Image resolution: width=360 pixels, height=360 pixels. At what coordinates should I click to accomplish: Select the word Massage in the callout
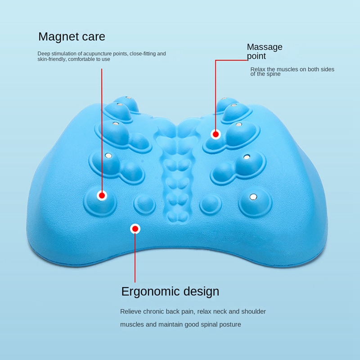265,48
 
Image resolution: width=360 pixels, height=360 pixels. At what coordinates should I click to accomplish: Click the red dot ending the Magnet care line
102,196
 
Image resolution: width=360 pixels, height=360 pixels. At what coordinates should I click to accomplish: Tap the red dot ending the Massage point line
216,134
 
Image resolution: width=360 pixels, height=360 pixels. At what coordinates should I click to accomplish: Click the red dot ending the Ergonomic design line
135,229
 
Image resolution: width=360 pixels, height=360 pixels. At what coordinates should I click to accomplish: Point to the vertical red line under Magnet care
102,130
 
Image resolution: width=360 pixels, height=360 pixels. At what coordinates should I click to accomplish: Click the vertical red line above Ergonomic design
135,257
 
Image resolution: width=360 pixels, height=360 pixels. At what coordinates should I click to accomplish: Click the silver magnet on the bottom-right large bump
253,197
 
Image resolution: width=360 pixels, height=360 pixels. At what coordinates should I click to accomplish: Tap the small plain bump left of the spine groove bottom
144,204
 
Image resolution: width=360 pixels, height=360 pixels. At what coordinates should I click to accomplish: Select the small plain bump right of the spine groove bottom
211,204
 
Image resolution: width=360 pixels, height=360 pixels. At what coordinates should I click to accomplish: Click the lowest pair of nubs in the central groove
177,216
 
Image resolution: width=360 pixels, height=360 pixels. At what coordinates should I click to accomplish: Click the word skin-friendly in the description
52,59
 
